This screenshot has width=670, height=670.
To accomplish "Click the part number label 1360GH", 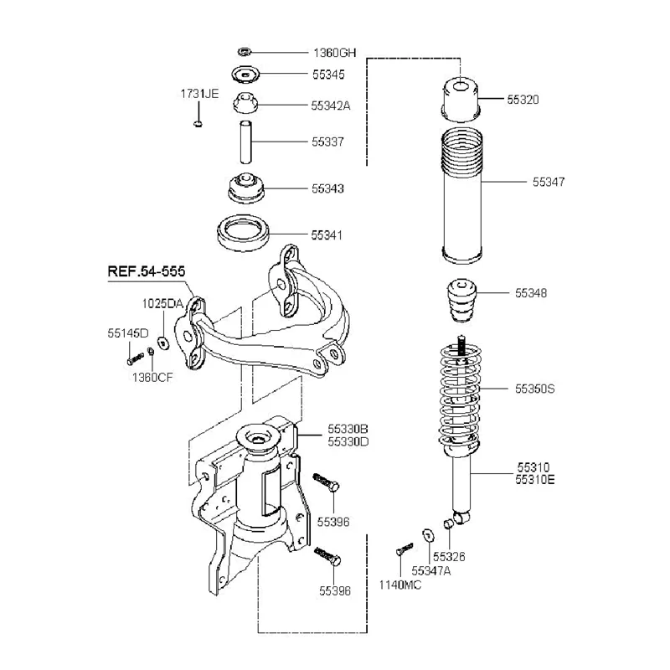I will coord(333,53).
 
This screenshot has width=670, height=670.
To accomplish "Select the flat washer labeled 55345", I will coord(245,75).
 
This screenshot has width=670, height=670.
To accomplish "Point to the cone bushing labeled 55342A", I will coord(245,106).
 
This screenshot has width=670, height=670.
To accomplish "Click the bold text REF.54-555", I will coord(146,272).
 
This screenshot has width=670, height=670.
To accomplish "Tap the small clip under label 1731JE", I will coord(198,124).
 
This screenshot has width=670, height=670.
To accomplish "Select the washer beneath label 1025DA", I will coord(162,341).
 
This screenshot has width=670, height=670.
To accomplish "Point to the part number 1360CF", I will coord(152,378).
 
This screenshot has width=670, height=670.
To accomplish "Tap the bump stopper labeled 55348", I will coord(460,301).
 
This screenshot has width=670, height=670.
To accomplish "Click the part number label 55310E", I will coord(536,480).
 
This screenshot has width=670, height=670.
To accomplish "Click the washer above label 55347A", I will coord(428,533).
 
